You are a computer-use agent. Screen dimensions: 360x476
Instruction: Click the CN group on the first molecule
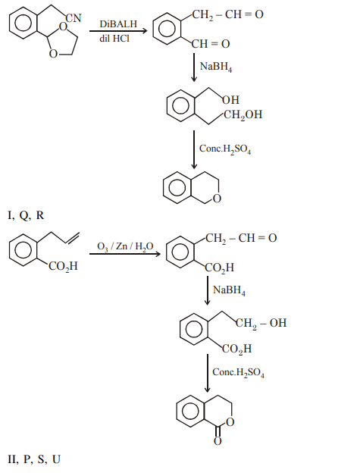point(74,18)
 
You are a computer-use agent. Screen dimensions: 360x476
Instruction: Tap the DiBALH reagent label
point(118,24)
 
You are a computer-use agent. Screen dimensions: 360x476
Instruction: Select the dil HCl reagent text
point(114,39)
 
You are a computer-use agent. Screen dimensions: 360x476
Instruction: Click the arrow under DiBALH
point(118,30)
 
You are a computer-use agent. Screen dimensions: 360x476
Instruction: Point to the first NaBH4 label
point(216,67)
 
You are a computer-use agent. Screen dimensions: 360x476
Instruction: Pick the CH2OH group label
point(243,115)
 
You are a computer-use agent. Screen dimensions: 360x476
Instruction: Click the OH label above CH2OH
point(231,99)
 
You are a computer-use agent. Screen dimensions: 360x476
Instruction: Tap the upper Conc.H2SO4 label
point(225,149)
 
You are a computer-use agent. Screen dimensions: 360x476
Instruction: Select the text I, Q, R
point(26,215)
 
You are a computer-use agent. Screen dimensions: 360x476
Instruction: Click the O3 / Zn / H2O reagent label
point(125,246)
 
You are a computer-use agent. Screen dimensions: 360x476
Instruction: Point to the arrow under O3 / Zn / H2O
point(125,253)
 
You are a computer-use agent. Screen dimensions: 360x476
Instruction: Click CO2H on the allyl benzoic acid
point(63,267)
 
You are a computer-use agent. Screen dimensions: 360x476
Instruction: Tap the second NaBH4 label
point(229,290)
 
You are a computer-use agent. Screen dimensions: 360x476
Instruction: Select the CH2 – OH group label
point(261,323)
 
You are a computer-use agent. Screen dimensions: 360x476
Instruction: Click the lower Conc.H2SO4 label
point(238,372)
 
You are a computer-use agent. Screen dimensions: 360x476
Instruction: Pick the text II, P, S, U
point(34,459)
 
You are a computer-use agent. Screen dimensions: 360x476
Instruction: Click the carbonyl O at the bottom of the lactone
point(218,441)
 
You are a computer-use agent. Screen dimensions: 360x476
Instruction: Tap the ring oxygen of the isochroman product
point(217,199)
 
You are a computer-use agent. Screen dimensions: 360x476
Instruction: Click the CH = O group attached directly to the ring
point(211,44)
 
